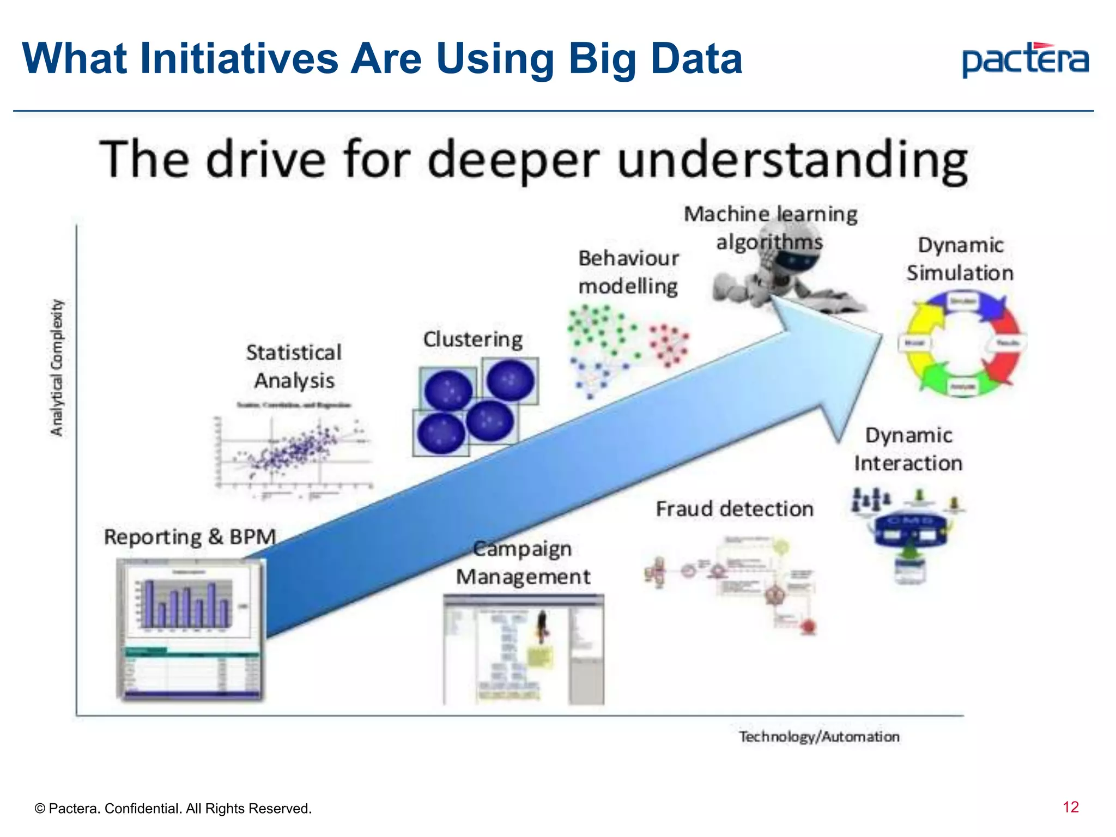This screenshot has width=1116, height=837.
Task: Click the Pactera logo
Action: click(1025, 60)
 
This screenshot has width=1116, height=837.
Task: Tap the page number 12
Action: click(1070, 807)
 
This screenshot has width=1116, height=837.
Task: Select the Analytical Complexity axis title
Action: click(57, 368)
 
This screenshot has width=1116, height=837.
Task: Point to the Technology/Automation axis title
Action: click(818, 737)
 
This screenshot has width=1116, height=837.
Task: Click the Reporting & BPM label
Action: click(190, 537)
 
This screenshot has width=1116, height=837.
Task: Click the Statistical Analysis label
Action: click(294, 366)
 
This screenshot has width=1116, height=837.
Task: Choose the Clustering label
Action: click(472, 339)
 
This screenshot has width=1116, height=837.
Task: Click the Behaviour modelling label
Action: click(628, 272)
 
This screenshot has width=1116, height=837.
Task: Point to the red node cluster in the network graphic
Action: click(669, 344)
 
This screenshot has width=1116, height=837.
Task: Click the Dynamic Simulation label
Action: click(960, 259)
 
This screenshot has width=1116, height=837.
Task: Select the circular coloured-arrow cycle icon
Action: click(962, 343)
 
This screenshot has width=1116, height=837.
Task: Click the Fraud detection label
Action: click(734, 509)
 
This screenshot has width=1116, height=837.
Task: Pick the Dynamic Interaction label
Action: click(908, 449)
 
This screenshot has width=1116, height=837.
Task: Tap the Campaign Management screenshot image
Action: click(523, 650)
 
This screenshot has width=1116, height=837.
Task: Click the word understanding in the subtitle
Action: click(793, 160)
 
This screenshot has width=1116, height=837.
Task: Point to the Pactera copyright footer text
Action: click(173, 808)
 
